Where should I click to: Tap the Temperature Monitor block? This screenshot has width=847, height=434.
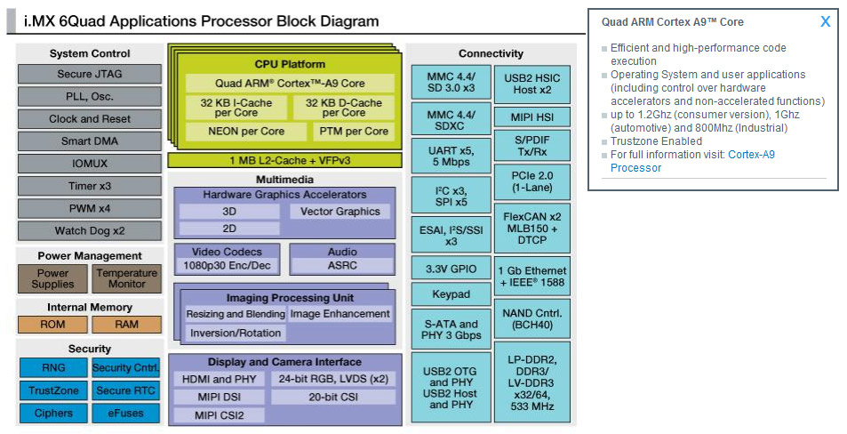tap(127, 278)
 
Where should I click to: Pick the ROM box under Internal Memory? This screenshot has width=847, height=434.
tap(52, 325)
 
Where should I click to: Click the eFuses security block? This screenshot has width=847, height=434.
tap(127, 413)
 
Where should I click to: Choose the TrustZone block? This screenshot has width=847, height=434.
tap(52, 390)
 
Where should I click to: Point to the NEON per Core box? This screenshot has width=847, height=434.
tap(236, 131)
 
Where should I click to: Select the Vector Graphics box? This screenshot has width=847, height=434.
tap(340, 212)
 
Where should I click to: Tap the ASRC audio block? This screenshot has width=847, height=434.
tap(342, 266)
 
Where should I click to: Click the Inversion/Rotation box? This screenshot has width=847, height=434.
tap(235, 334)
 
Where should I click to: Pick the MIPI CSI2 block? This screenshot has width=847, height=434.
tap(220, 415)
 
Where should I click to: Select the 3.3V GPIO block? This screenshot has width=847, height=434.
tap(451, 268)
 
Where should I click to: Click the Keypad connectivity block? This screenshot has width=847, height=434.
tap(451, 293)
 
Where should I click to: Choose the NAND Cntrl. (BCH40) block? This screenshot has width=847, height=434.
tap(532, 319)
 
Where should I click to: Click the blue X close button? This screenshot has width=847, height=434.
tap(825, 21)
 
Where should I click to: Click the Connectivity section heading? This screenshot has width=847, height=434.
tap(491, 53)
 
